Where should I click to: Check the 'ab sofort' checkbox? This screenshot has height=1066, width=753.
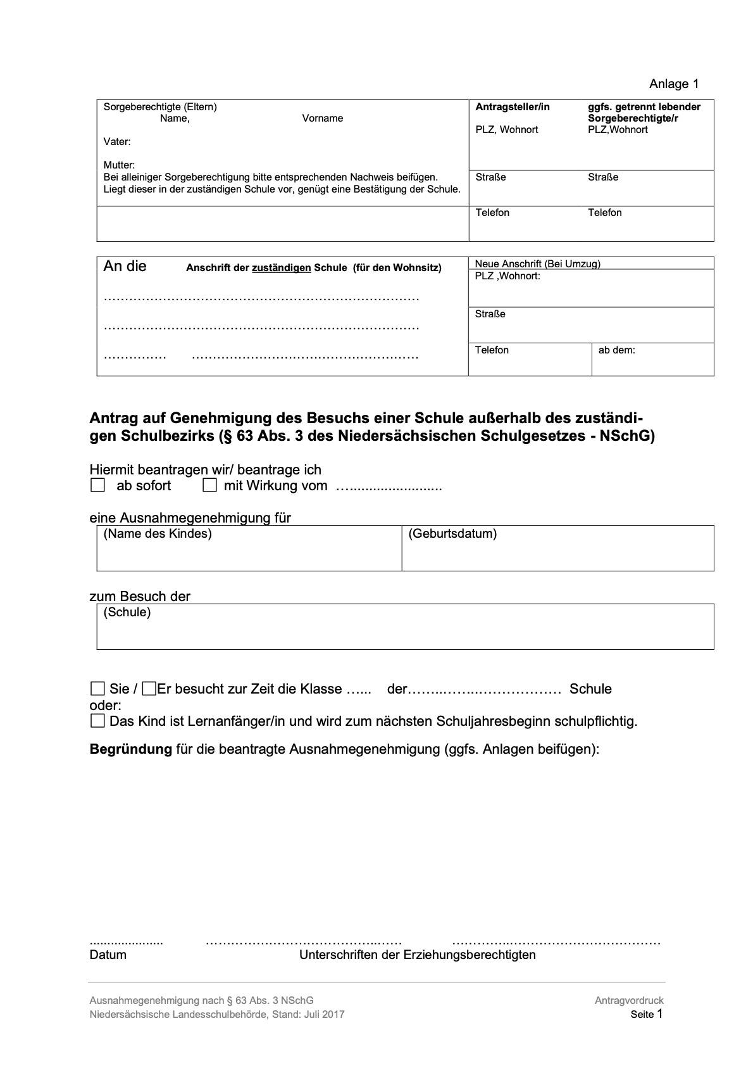point(97,486)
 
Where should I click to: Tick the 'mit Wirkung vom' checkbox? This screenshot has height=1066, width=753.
point(210,486)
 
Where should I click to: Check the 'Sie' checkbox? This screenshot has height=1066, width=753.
point(97,688)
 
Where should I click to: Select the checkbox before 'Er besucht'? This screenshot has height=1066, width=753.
point(149,688)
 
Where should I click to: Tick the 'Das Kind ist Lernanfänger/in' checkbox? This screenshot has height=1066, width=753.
point(97,721)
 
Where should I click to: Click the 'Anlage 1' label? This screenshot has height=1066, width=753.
point(674,84)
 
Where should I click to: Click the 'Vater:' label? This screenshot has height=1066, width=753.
point(117,142)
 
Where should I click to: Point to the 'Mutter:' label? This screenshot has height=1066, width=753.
point(119,165)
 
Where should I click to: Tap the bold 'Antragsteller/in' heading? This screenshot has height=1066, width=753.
point(513,107)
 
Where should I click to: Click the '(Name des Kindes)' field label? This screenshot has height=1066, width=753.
point(158,534)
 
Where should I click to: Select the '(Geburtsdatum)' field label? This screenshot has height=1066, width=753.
point(452,534)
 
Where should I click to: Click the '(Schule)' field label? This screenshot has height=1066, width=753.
point(127,612)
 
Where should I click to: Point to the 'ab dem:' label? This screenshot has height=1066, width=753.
point(616,350)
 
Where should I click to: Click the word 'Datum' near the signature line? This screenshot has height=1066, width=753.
point(108,955)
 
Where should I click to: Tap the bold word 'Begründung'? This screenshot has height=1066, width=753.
point(131,749)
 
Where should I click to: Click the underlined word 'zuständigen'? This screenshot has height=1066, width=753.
point(282,268)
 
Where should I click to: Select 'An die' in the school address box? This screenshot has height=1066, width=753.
point(125,266)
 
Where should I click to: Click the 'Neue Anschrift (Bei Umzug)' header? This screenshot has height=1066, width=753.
point(537,263)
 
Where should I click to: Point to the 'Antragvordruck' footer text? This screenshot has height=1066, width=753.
point(629,1001)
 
